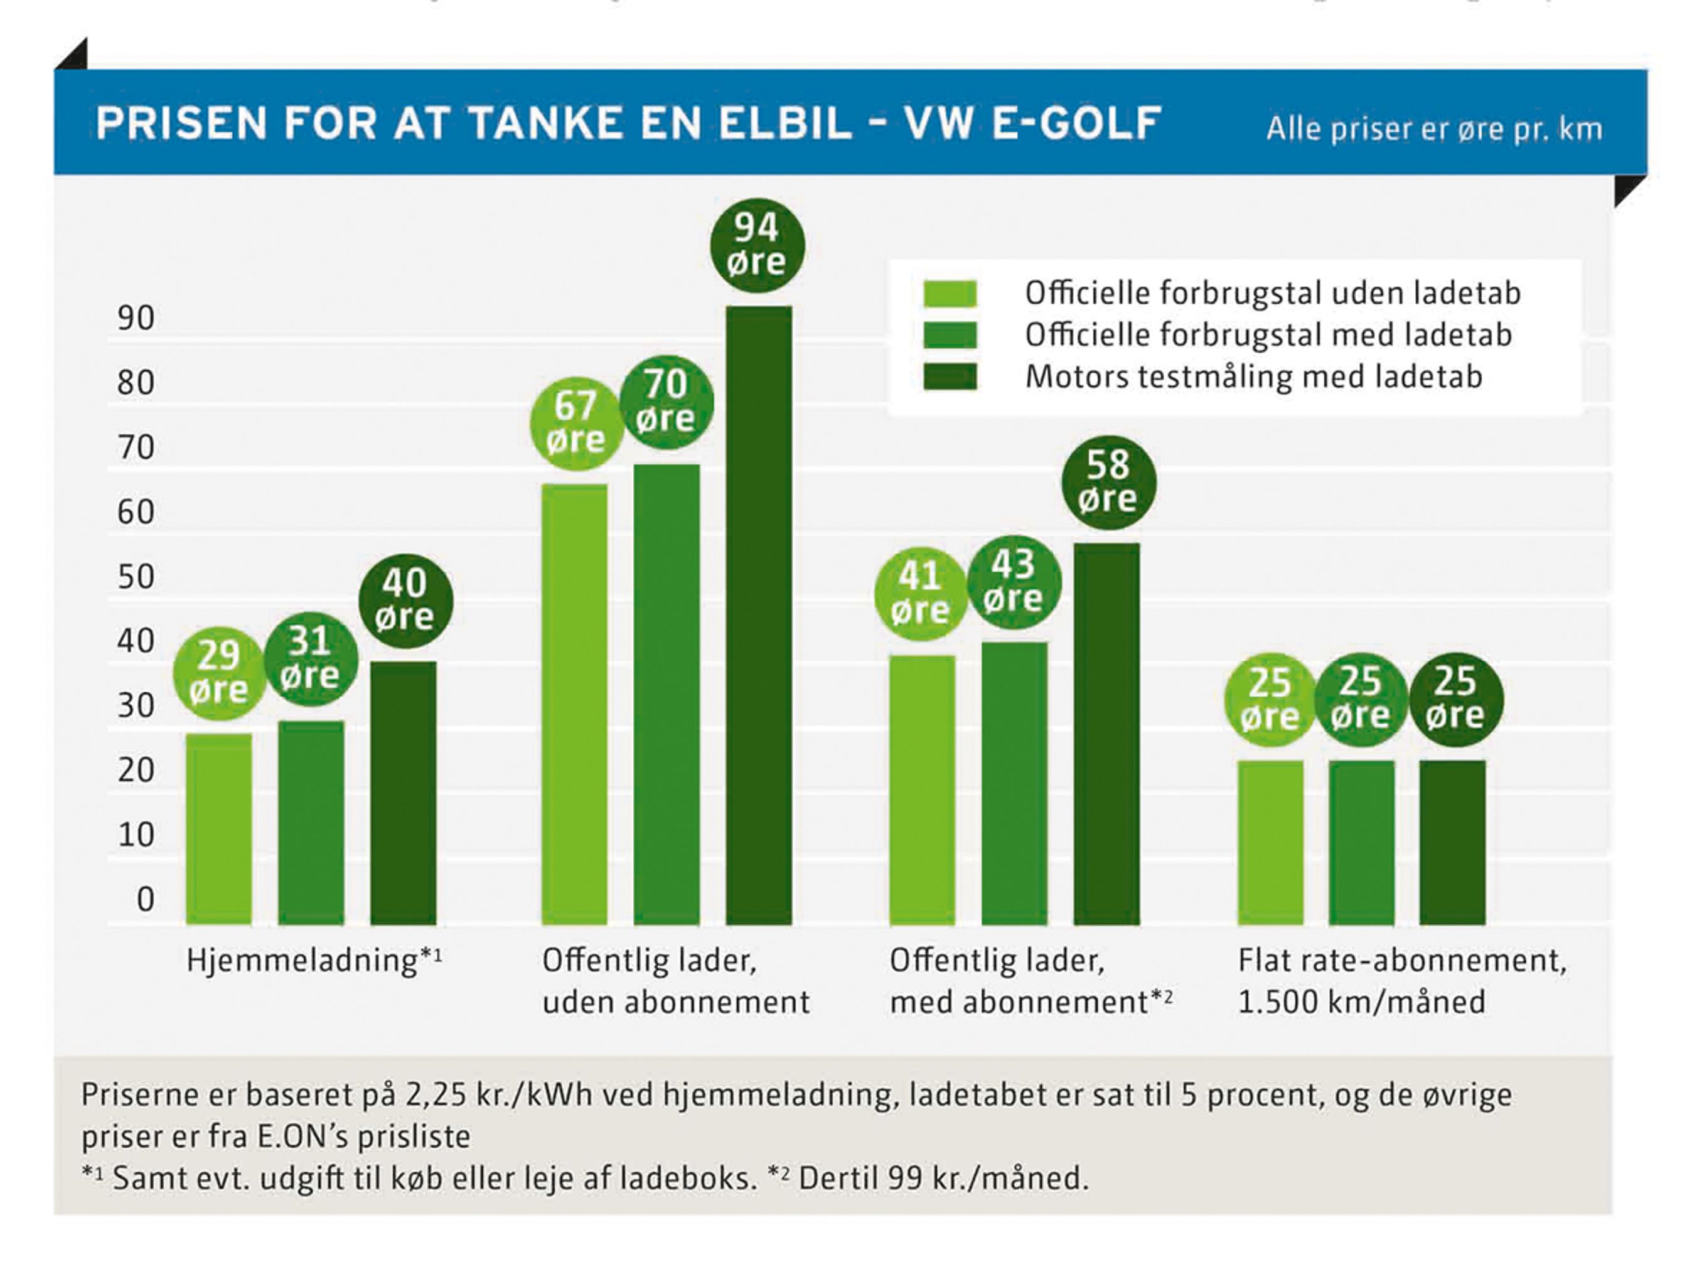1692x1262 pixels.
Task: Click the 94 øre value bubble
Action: [x=756, y=245]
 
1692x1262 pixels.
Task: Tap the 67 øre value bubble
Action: [x=576, y=422]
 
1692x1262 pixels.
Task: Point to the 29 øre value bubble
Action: [x=219, y=672]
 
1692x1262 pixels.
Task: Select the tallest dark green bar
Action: [x=759, y=615]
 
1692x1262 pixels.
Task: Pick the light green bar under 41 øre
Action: [x=922, y=790]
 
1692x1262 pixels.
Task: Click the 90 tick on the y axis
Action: [x=136, y=318]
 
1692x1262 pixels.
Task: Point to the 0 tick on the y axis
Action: [x=145, y=899]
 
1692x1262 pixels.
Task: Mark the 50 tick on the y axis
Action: [x=136, y=577]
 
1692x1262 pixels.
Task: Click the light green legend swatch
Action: [x=950, y=293]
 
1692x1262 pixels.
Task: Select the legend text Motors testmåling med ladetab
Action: [x=1253, y=377]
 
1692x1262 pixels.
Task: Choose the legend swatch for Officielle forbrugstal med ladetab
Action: [x=950, y=334]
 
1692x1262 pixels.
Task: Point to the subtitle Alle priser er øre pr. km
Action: [x=1434, y=129]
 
